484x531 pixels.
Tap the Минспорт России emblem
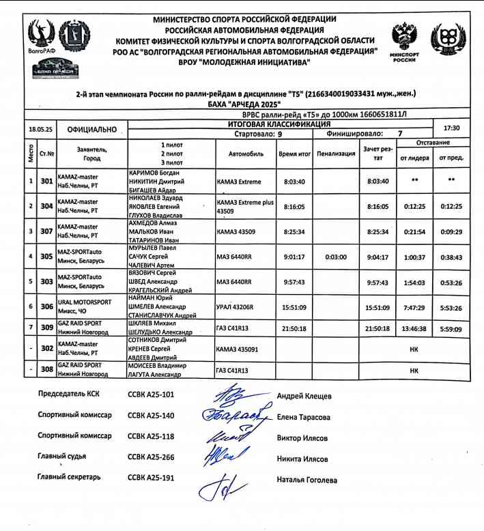(405, 41)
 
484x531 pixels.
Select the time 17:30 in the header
(451, 128)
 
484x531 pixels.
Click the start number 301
(47, 182)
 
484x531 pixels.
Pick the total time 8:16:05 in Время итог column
(294, 206)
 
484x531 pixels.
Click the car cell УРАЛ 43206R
(235, 307)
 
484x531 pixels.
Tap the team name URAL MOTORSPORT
(85, 302)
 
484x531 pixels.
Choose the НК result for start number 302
(414, 349)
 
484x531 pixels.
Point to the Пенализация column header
(336, 154)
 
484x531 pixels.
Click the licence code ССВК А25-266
(151, 457)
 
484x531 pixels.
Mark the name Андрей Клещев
(304, 396)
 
